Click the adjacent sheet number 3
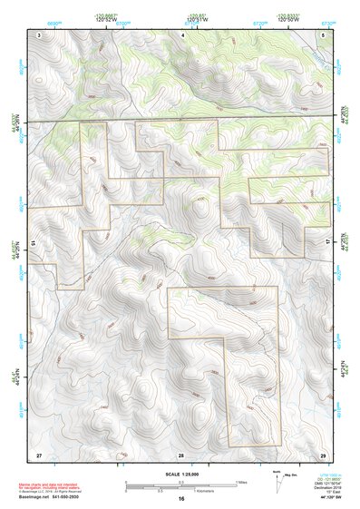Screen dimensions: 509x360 (40, 34)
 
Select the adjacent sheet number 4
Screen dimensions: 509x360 (181, 34)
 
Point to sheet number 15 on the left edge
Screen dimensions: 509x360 (33, 243)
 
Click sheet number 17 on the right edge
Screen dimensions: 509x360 (328, 243)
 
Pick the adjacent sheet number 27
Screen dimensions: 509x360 (39, 453)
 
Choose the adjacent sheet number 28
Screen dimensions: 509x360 (181, 453)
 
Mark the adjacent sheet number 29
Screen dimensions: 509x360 (322, 453)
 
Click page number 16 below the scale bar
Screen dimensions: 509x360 (181, 499)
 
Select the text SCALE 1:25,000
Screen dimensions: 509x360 (181, 475)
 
